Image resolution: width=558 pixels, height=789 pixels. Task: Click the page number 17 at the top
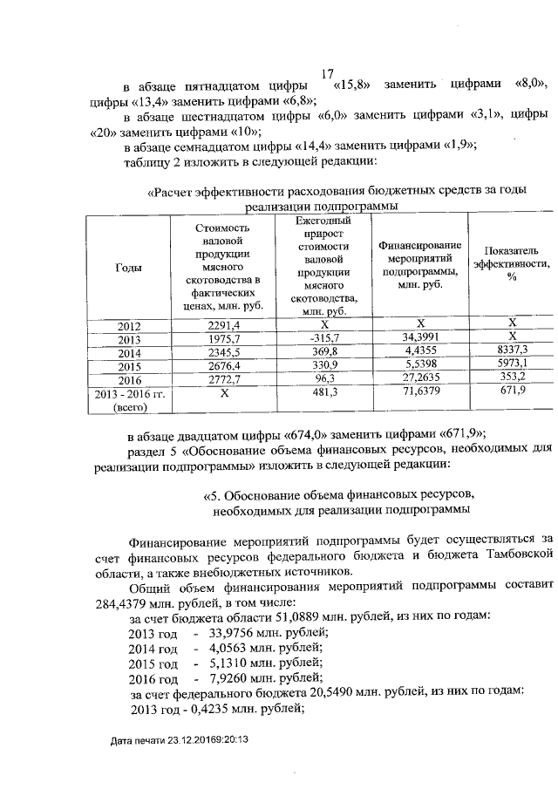point(328,75)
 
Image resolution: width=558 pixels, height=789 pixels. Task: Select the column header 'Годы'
point(129,269)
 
